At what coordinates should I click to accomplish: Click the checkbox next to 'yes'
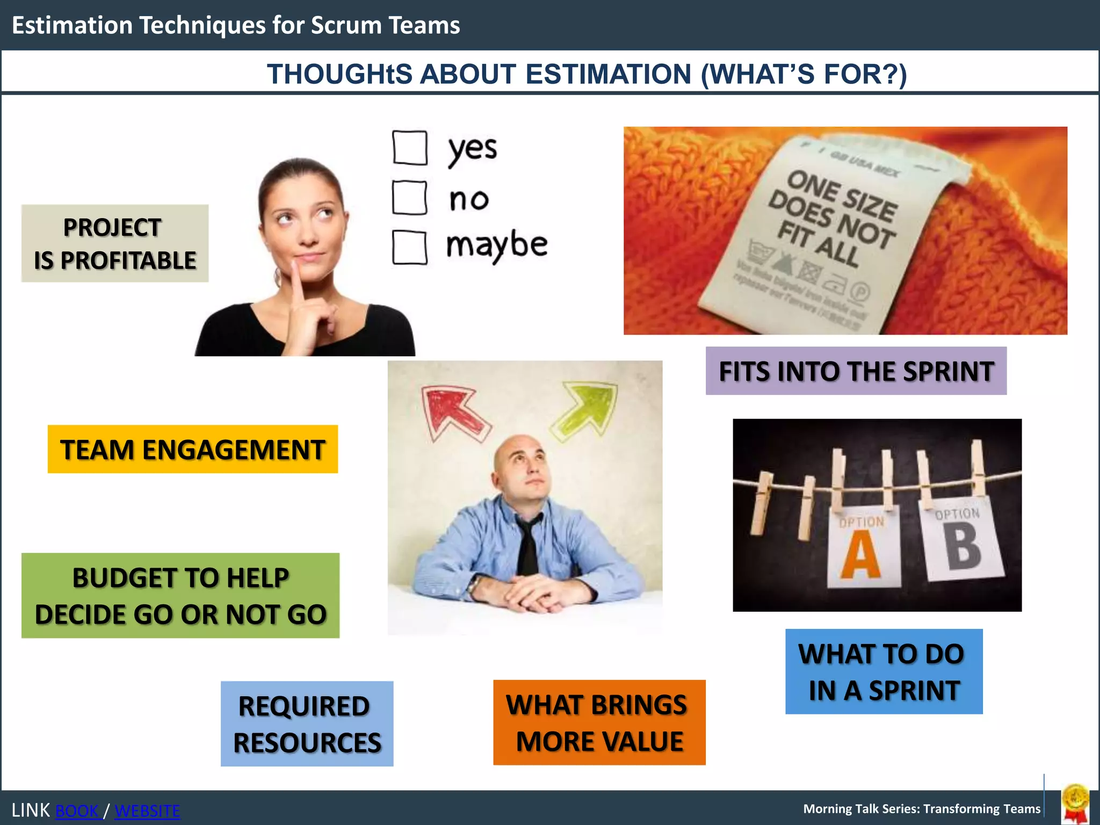[x=410, y=148]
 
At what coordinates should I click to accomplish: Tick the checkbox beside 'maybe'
[x=410, y=248]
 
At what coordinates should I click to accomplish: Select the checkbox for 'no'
[x=410, y=198]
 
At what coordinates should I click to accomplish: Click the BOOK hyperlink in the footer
[x=78, y=810]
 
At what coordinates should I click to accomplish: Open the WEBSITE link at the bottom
[x=147, y=810]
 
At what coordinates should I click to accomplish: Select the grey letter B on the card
[x=964, y=546]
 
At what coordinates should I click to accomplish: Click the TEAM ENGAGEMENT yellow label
[x=192, y=450]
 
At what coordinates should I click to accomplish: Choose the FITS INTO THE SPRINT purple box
[x=856, y=371]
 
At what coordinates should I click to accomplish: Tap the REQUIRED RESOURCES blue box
[x=307, y=724]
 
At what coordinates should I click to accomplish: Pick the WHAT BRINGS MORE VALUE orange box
[x=599, y=722]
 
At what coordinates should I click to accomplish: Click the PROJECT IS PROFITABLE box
[x=115, y=243]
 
